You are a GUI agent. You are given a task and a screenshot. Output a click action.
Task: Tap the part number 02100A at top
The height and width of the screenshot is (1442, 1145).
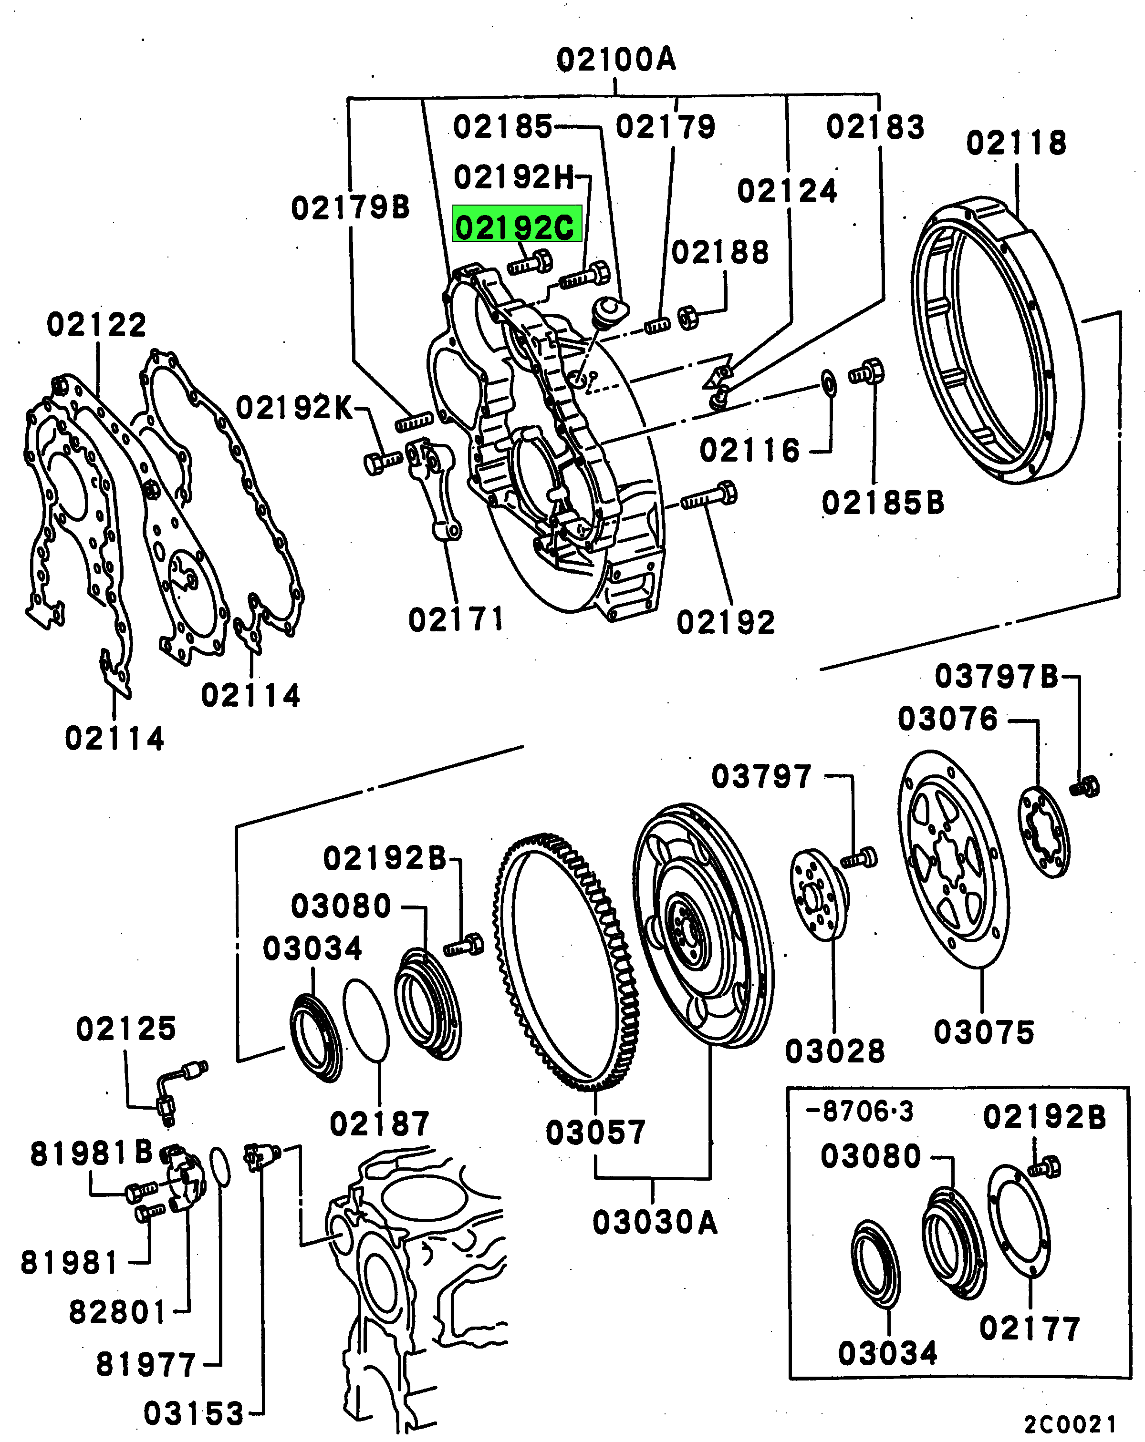(615, 60)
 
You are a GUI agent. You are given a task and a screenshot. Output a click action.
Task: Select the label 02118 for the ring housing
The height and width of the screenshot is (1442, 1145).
(1016, 143)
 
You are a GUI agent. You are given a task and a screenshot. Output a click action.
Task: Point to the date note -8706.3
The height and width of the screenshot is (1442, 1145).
(860, 1112)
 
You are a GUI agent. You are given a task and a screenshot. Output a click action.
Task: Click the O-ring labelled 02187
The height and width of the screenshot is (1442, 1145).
(366, 1020)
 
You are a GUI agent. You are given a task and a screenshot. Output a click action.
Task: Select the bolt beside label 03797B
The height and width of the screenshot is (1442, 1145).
(1085, 786)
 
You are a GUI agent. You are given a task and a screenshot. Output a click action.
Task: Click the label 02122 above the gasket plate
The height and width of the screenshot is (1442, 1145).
(96, 325)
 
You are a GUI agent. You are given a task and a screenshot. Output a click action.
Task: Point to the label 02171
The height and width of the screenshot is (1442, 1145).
(456, 619)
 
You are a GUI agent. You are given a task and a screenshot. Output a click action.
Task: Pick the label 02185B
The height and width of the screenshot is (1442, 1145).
(882, 503)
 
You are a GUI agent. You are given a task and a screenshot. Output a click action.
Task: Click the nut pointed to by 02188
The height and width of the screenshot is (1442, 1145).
(688, 317)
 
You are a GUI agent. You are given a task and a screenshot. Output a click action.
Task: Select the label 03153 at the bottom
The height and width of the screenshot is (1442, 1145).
(193, 1413)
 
